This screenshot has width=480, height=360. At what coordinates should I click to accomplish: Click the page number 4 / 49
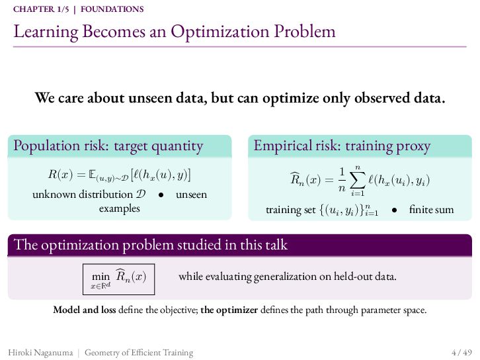[x=461, y=352]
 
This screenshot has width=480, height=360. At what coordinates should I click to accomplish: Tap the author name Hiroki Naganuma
[x=41, y=353]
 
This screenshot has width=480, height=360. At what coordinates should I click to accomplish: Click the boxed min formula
[x=118, y=279]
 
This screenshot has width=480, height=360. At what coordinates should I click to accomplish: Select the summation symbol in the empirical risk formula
[x=358, y=181]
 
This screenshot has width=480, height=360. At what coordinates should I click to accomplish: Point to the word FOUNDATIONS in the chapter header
[x=112, y=9]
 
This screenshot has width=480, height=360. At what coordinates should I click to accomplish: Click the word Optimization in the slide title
[x=220, y=32]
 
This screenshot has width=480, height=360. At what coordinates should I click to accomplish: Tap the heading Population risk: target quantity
[x=108, y=146]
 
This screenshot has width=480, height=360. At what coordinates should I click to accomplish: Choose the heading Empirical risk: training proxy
[x=342, y=146]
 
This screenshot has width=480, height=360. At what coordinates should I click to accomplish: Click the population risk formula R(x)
[x=120, y=175]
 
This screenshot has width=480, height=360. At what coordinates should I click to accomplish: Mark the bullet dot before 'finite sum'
[x=394, y=210]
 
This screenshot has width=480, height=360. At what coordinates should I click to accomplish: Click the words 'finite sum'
[x=431, y=210]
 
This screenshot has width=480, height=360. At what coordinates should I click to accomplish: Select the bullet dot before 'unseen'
[x=161, y=195]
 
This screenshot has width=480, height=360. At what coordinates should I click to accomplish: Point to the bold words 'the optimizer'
[x=229, y=310]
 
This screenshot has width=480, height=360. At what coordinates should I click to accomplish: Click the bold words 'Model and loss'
[x=85, y=310]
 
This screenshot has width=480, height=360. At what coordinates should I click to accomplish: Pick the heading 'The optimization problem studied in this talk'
[x=151, y=245]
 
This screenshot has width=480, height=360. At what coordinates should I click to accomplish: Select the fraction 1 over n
[x=342, y=180]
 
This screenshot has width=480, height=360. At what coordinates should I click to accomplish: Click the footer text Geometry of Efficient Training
[x=139, y=353]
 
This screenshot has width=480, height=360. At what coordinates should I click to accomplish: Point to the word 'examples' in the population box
[x=120, y=208]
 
